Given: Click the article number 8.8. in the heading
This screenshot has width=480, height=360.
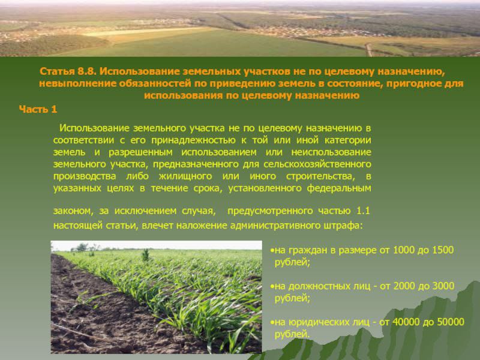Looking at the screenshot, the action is point(87,71).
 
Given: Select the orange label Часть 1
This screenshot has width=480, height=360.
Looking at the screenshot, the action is point(38,109).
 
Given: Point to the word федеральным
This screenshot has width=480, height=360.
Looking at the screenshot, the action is point(339,188).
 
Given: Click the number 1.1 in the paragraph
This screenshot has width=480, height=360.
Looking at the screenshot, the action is point(363,211).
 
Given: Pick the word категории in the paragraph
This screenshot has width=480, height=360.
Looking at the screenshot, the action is point(348,140).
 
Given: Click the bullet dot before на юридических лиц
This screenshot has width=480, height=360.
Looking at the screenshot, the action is point(272,322).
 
